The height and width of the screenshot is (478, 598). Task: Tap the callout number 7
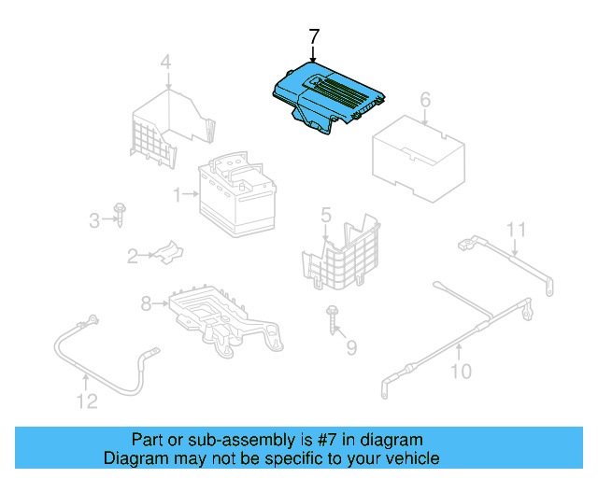[x=314, y=36]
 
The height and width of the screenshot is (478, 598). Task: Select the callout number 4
[x=165, y=63]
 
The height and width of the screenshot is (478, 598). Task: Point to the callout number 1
[x=176, y=195]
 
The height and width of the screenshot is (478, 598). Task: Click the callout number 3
[x=94, y=220]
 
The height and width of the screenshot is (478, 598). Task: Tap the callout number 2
[x=133, y=254]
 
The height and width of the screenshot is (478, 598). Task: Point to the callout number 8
[x=146, y=302]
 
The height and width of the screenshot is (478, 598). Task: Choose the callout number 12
[x=86, y=402]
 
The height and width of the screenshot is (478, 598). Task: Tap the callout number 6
[x=425, y=100]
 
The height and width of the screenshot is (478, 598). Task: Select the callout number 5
[x=326, y=216]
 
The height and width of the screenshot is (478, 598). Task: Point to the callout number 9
[x=351, y=348]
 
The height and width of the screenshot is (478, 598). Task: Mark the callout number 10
[x=461, y=373]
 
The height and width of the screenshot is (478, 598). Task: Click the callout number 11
[x=517, y=230]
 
